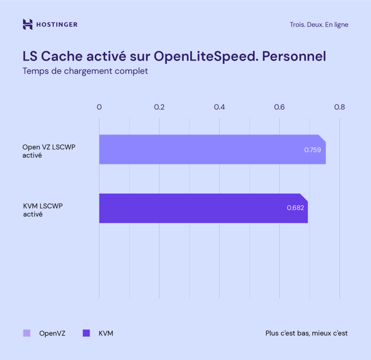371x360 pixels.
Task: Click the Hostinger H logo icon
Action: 28,24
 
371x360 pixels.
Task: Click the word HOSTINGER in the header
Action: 57,24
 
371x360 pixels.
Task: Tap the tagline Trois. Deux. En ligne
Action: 319,24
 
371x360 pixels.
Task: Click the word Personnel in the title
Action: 294,56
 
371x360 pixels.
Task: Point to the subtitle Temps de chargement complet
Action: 85,71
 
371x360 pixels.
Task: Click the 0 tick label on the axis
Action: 99,107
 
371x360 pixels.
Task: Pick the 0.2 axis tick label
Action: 159,107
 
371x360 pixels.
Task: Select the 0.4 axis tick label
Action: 219,107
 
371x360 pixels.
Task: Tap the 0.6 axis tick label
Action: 280,107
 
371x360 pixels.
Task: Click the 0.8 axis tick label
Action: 339,107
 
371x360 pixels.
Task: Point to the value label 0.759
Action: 312,150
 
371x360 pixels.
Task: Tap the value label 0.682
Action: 295,207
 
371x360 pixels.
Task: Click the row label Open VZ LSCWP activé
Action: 49,151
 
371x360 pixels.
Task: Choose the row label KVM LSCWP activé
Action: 43,210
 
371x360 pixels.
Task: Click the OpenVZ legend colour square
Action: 27,333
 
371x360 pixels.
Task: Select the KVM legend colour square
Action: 86,333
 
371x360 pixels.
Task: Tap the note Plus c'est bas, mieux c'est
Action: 306,333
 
